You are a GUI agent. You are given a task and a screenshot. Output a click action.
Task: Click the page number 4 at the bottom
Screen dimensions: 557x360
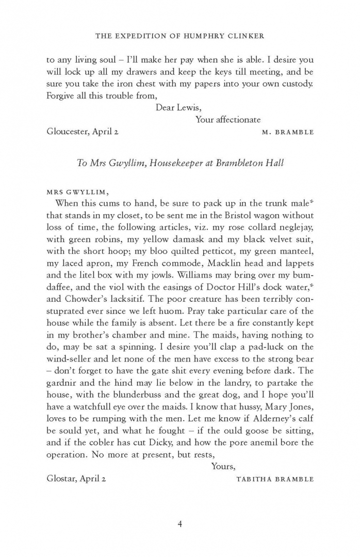(x=180, y=525)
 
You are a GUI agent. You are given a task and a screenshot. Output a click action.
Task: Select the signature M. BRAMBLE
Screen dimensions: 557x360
(x=288, y=132)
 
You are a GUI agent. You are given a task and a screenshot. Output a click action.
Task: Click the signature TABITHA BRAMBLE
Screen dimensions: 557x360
(x=275, y=479)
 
